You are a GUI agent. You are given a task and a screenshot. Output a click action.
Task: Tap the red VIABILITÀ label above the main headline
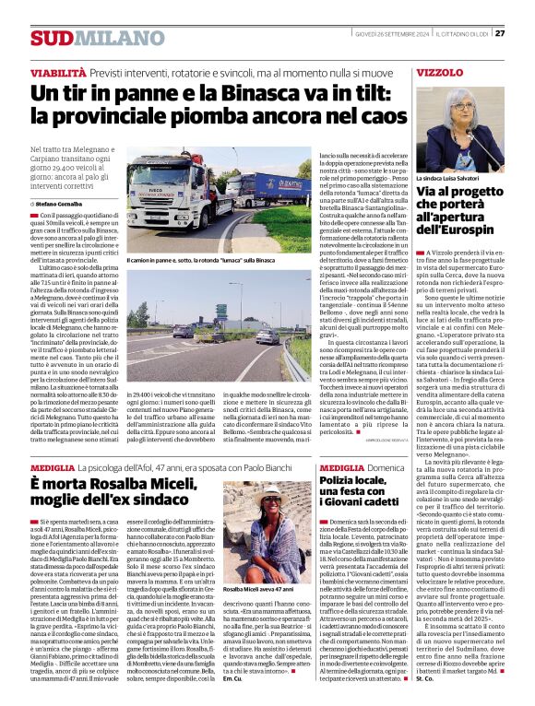pos(57,71)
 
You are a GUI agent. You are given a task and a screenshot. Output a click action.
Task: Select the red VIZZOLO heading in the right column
pos(440,71)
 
